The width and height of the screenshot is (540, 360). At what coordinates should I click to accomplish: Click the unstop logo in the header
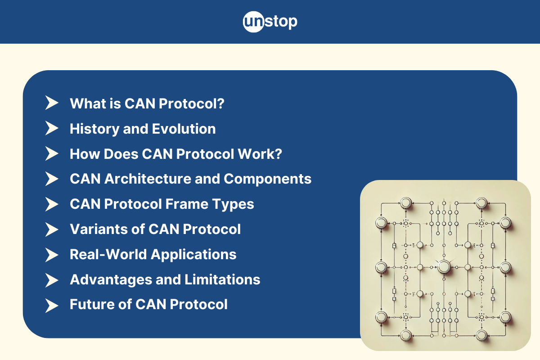coord(270,22)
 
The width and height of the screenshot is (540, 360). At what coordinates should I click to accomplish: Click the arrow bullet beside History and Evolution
coord(52,128)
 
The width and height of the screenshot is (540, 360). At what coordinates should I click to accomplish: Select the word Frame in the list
coord(187,204)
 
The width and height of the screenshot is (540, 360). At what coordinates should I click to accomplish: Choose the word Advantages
coord(111,279)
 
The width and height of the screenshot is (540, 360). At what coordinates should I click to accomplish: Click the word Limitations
coord(222,279)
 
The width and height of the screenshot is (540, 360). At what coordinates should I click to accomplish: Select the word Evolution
coord(184,129)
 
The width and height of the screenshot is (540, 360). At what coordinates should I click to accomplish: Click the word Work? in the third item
coord(260,154)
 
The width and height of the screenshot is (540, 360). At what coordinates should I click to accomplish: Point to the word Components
coord(267,179)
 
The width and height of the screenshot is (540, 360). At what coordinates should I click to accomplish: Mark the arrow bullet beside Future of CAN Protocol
coord(52,306)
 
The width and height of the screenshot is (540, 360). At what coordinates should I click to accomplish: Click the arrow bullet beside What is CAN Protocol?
coord(52,103)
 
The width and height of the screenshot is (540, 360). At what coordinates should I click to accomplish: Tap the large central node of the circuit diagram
coord(444,267)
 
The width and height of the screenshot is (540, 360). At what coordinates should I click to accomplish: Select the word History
coord(94,129)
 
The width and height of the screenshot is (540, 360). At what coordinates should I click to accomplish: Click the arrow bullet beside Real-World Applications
coord(52,255)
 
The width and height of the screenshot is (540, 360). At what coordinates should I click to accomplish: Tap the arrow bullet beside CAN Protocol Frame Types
coord(52,204)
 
